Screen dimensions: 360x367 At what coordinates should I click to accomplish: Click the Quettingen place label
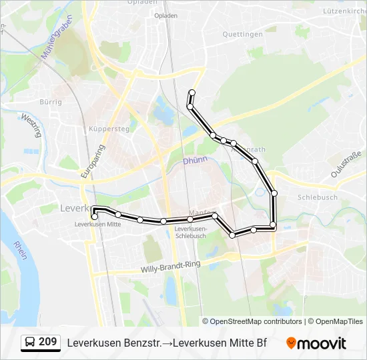tap(242, 35)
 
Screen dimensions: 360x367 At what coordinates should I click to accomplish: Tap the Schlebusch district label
tap(318, 197)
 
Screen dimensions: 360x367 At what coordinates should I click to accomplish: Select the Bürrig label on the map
tap(51, 102)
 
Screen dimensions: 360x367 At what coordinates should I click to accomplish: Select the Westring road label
tap(31, 125)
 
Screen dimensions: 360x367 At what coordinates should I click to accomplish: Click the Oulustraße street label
tap(347, 165)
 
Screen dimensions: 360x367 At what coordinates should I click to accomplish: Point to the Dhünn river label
tap(196, 160)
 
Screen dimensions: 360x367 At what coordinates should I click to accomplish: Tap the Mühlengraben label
tap(57, 39)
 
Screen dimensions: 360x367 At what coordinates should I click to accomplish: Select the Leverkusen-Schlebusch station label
tap(190, 232)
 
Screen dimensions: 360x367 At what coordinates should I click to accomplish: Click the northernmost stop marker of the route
tap(192, 93)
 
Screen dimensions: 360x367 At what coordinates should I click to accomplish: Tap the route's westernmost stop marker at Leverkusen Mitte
tap(95, 216)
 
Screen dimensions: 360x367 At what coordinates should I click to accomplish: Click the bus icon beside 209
tap(30, 343)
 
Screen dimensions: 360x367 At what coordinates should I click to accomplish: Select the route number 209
tap(47, 342)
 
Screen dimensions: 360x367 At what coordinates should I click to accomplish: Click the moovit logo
tap(316, 343)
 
